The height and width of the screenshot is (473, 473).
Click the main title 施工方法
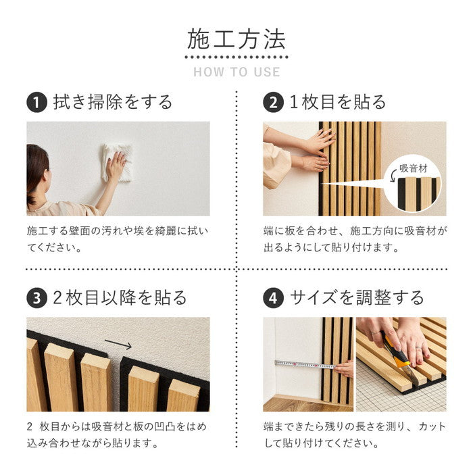click(236, 39)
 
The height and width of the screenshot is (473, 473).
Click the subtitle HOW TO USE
click(236, 72)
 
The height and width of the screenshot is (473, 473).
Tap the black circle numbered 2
click(272, 103)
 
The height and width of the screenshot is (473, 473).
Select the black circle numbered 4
click(272, 298)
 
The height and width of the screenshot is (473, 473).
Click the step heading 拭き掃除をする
click(113, 103)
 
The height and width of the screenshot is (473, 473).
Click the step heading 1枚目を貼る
click(337, 103)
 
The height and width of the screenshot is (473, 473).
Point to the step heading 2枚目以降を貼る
click(120, 298)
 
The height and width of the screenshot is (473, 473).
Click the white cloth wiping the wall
click(115, 161)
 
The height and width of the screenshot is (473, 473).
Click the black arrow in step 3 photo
click(119, 345)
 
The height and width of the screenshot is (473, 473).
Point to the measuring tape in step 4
click(304, 364)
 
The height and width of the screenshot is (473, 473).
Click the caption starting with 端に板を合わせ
click(355, 239)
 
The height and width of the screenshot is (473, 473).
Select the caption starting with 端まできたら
click(355, 434)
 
